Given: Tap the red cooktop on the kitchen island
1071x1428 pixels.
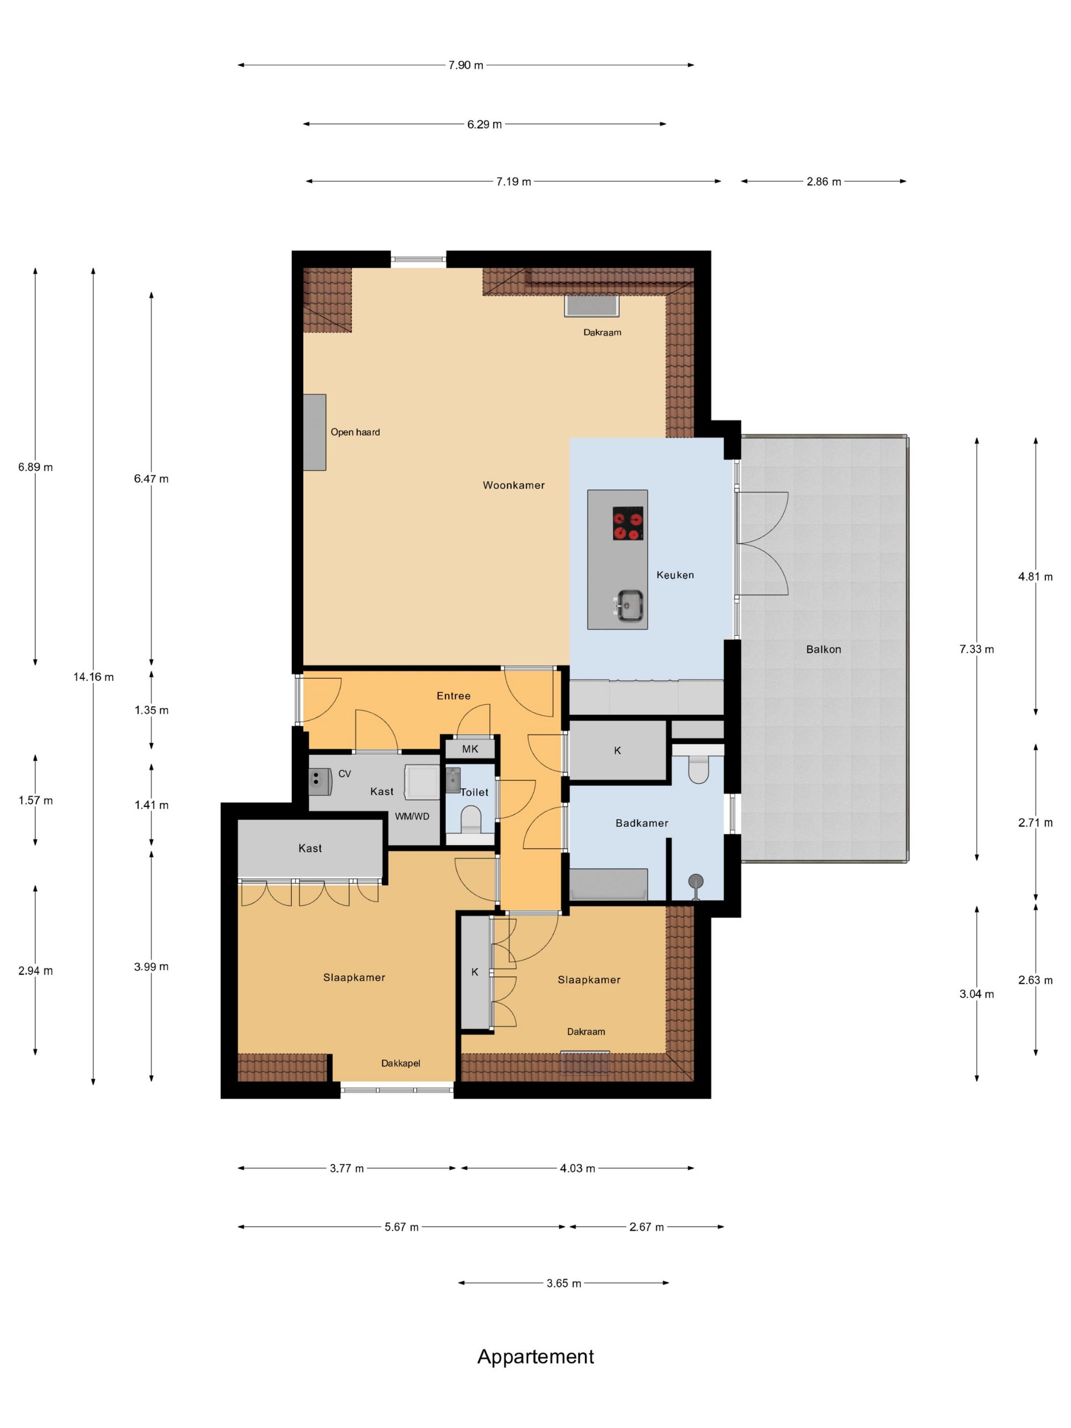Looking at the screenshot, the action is [x=627, y=523].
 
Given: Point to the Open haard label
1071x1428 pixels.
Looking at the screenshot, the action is [x=355, y=432].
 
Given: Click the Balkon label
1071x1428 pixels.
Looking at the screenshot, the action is [x=823, y=649].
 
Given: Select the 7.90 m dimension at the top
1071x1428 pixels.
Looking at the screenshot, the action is [x=466, y=65].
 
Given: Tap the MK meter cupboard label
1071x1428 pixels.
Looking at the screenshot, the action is [x=470, y=749].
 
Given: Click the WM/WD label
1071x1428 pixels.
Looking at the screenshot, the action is [x=412, y=816].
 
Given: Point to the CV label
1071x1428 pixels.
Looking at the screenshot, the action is [x=345, y=773].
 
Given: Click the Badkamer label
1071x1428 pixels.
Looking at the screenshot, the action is [x=642, y=823].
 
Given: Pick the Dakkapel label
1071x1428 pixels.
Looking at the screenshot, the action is [x=400, y=1063].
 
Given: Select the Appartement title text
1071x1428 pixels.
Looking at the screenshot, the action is [x=535, y=1356].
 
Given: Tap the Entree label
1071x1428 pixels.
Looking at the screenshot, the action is [x=453, y=696].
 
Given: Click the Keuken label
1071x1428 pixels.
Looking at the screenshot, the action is [x=675, y=575].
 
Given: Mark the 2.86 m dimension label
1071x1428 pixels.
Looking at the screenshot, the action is [x=823, y=182].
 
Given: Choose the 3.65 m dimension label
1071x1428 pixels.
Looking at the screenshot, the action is [x=564, y=1283].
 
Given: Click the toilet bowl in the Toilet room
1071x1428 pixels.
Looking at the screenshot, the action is [x=472, y=821].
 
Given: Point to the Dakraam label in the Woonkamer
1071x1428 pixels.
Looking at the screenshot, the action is [x=602, y=333].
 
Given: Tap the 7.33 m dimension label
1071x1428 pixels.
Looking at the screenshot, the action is [x=976, y=649].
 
